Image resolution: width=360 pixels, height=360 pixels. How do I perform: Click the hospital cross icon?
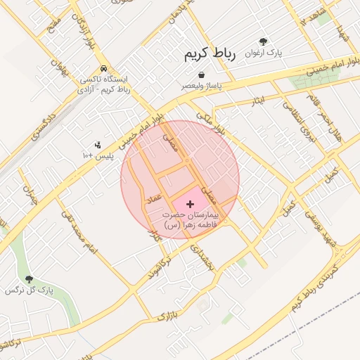[191, 203]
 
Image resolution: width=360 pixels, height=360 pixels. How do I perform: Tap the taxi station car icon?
[104, 69]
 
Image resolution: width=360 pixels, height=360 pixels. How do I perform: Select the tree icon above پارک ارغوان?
[264, 42]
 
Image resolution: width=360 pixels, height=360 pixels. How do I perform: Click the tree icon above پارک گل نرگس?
[29, 280]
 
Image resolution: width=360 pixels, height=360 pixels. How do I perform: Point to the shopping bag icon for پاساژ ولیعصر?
[202, 75]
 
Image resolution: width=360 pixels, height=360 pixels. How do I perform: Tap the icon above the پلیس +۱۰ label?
[97, 144]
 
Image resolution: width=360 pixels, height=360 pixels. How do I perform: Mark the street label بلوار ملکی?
[211, 121]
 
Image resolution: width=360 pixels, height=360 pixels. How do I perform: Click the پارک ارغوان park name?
[264, 53]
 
